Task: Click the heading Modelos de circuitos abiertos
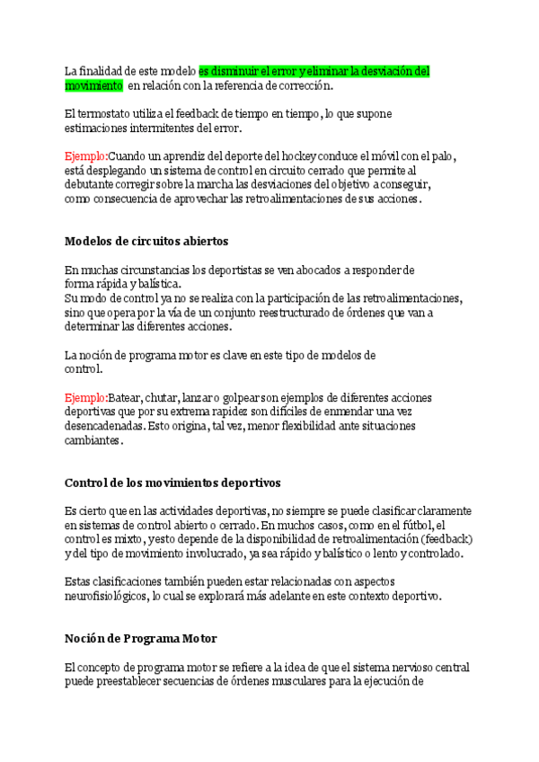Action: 146,241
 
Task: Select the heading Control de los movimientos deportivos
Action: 172,483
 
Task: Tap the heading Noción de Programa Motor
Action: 140,639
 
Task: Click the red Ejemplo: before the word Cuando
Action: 86,155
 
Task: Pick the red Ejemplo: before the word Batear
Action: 86,397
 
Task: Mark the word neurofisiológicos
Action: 104,597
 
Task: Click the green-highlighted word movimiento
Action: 93,85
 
